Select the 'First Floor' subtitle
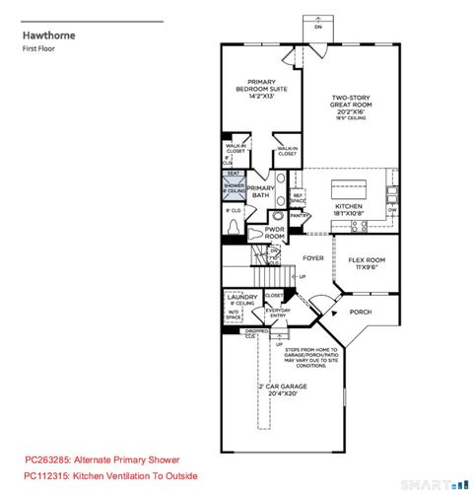pyautogui.click(x=40, y=58)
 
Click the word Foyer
pyautogui.click(x=312, y=258)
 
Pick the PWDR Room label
pyautogui.click(x=275, y=235)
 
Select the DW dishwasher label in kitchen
pyautogui.click(x=392, y=209)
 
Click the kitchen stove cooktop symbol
pyautogui.click(x=360, y=226)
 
